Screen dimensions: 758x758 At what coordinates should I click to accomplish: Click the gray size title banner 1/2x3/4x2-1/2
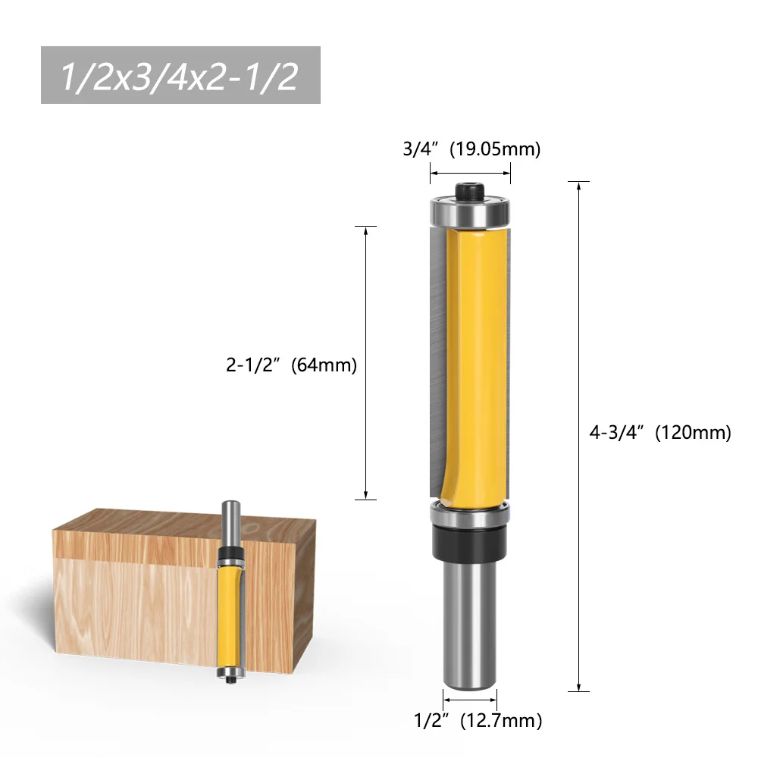(x=180, y=75)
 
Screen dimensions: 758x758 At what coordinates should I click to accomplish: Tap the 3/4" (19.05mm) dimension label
(x=471, y=149)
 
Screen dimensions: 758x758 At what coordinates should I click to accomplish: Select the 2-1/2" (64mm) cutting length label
(x=291, y=365)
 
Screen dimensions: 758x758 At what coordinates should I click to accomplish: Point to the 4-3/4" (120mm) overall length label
(x=660, y=432)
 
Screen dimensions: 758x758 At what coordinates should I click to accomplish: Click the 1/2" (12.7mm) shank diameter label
(x=478, y=721)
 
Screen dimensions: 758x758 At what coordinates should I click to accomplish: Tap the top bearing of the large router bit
(x=470, y=212)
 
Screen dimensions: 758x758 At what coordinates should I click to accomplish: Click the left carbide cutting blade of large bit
(x=437, y=362)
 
